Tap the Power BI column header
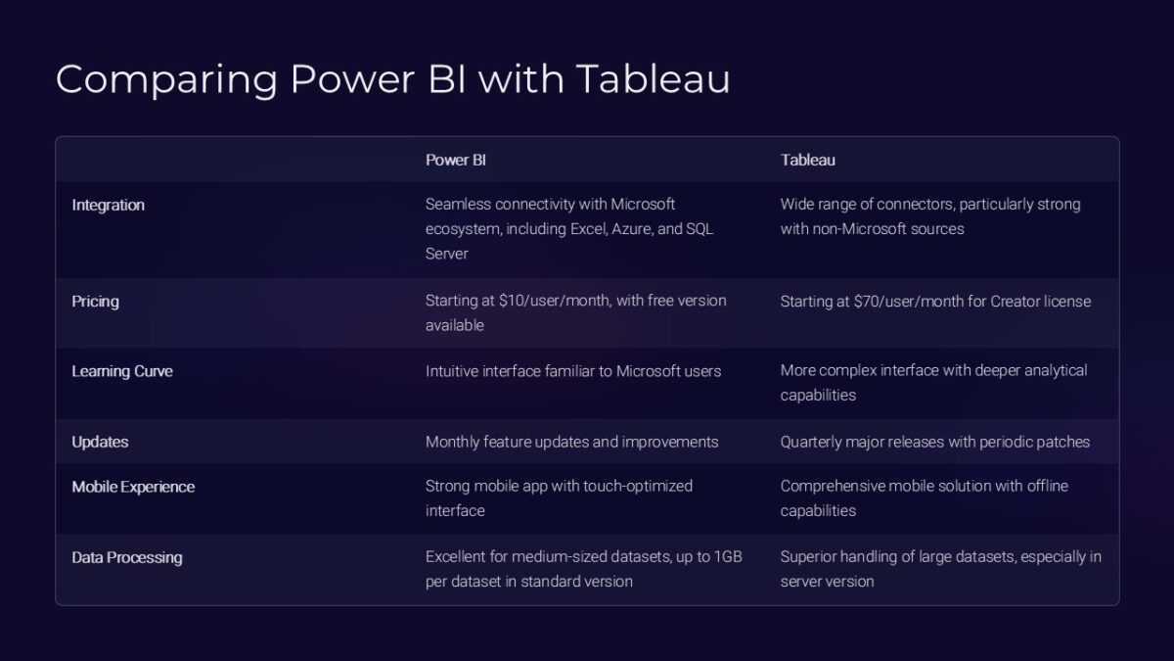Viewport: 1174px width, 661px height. tap(455, 160)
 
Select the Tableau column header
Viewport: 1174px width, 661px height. tap(807, 160)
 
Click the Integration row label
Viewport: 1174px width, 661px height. tap(108, 205)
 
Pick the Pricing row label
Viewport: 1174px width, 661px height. tap(95, 302)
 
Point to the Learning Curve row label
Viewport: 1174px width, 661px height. tap(122, 372)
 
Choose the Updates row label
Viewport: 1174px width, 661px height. tap(100, 442)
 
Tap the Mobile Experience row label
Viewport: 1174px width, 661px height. tap(133, 487)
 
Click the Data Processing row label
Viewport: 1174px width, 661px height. tap(127, 557)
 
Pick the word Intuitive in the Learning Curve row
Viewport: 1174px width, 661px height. tap(455, 371)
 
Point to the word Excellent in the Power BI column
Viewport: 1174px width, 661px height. tap(458, 557)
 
